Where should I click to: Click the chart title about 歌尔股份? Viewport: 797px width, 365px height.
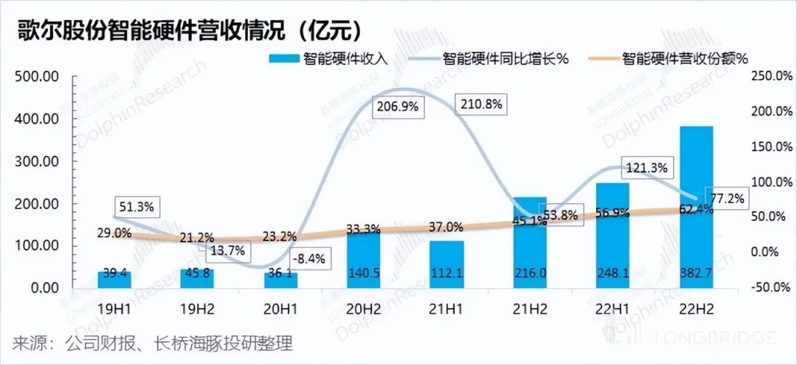(184, 30)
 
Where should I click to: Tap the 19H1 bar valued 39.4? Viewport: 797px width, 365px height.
(114, 280)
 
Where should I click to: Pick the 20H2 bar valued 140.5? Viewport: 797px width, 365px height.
(363, 259)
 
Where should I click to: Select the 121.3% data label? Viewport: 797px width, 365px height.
(648, 168)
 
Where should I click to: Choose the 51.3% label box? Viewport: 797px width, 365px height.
(135, 207)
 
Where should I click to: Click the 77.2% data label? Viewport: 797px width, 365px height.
(726, 198)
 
